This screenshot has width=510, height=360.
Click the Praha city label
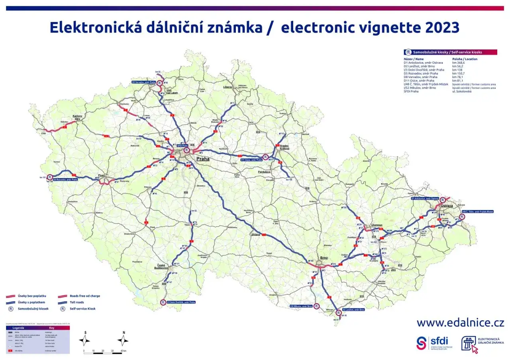point(203,159)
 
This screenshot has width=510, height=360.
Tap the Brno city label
point(324,258)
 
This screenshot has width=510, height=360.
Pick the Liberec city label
point(228,87)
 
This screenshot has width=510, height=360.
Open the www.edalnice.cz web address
point(460,322)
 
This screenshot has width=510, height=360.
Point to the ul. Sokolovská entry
point(462,91)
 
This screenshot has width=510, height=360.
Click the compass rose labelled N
point(124,340)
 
